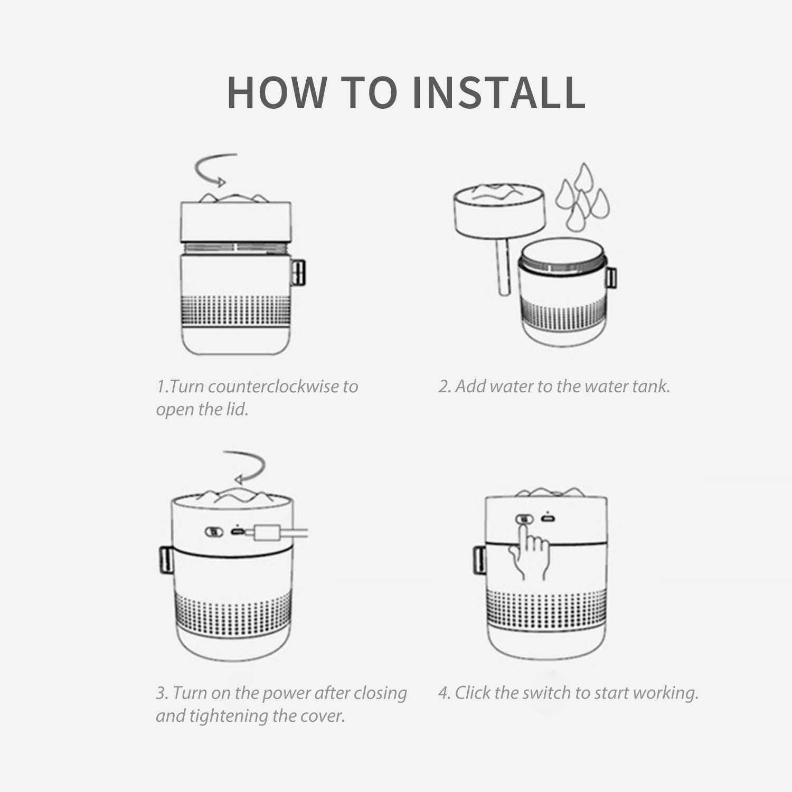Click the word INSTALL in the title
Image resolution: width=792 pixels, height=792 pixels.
pyautogui.click(x=498, y=92)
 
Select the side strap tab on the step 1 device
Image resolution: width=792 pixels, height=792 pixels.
pyautogui.click(x=298, y=272)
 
